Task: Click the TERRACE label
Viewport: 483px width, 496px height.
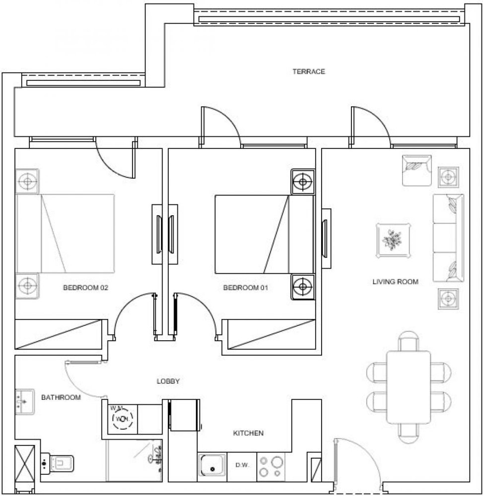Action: click(x=308, y=72)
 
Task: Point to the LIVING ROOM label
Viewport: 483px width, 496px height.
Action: click(x=395, y=282)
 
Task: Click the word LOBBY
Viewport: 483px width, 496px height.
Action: click(x=168, y=381)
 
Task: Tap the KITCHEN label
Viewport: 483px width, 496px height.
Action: click(x=248, y=434)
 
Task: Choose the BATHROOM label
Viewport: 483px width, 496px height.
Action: click(x=61, y=397)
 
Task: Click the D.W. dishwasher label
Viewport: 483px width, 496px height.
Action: click(x=242, y=466)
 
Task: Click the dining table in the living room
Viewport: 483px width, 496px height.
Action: click(x=409, y=387)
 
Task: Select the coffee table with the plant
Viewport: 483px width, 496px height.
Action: click(x=393, y=241)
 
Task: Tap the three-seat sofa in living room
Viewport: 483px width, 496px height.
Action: click(x=448, y=238)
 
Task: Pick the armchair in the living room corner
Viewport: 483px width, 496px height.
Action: click(x=416, y=170)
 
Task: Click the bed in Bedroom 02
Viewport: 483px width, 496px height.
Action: click(x=66, y=234)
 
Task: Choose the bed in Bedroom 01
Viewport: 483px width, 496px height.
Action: click(x=263, y=234)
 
